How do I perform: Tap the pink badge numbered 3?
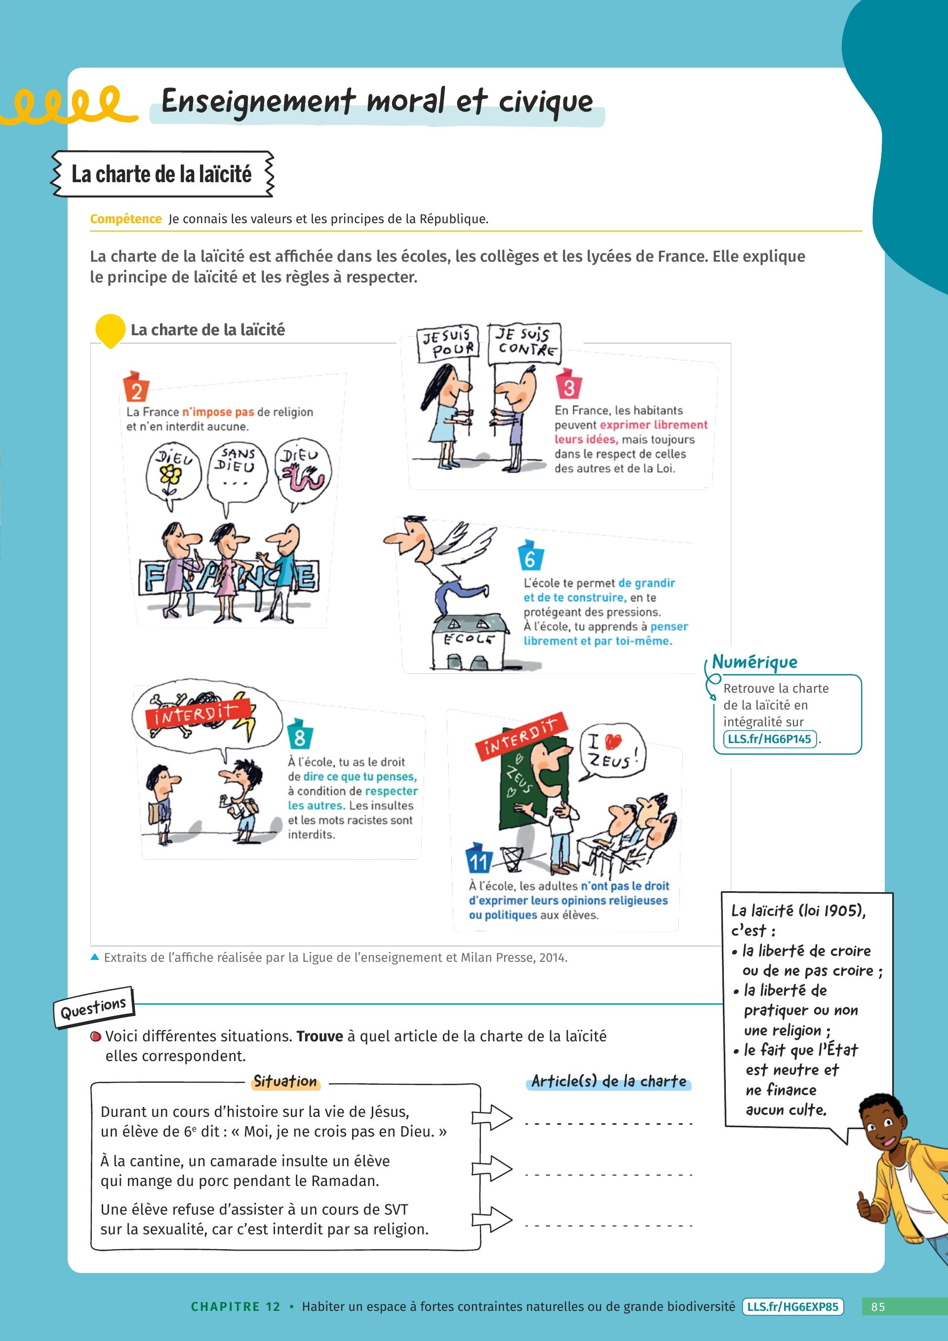(x=568, y=385)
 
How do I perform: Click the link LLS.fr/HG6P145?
(x=769, y=739)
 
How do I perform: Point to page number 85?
(x=878, y=1307)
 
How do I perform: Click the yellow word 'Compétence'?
(x=125, y=219)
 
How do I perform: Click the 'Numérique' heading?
(x=754, y=662)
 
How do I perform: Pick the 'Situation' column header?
(x=285, y=1082)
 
